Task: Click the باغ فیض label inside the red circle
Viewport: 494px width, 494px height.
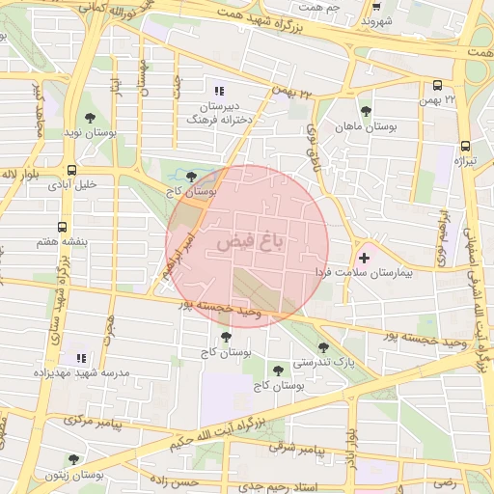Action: [249, 240]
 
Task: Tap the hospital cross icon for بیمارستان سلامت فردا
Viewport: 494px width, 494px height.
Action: [364, 258]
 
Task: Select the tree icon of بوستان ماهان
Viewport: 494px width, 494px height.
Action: [365, 111]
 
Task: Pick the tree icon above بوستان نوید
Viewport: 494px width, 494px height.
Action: [90, 118]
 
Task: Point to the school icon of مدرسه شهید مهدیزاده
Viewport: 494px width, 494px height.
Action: [81, 358]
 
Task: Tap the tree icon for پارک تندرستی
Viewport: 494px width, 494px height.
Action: [323, 347]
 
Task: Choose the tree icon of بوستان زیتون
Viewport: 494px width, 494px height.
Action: [73, 460]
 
